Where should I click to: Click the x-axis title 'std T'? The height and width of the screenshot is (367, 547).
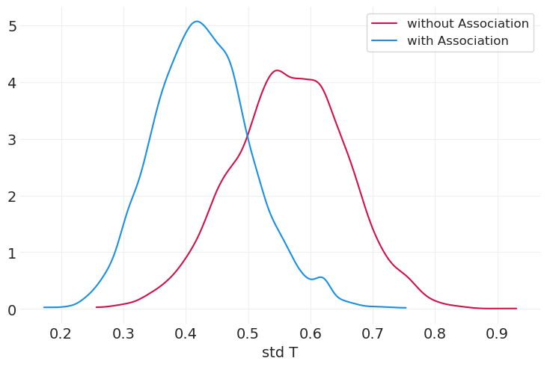click(x=280, y=353)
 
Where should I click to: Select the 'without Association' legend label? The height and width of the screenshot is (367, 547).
click(x=468, y=24)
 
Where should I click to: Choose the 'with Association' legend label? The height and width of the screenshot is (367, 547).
click(x=457, y=41)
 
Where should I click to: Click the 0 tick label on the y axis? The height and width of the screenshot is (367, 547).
click(x=13, y=309)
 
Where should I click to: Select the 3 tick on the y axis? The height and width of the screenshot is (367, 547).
click(x=13, y=140)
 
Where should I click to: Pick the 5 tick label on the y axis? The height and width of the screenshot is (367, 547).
click(x=13, y=26)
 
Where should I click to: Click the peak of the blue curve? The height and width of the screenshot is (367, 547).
click(x=196, y=21)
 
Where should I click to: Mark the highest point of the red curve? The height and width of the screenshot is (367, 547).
click(x=277, y=70)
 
